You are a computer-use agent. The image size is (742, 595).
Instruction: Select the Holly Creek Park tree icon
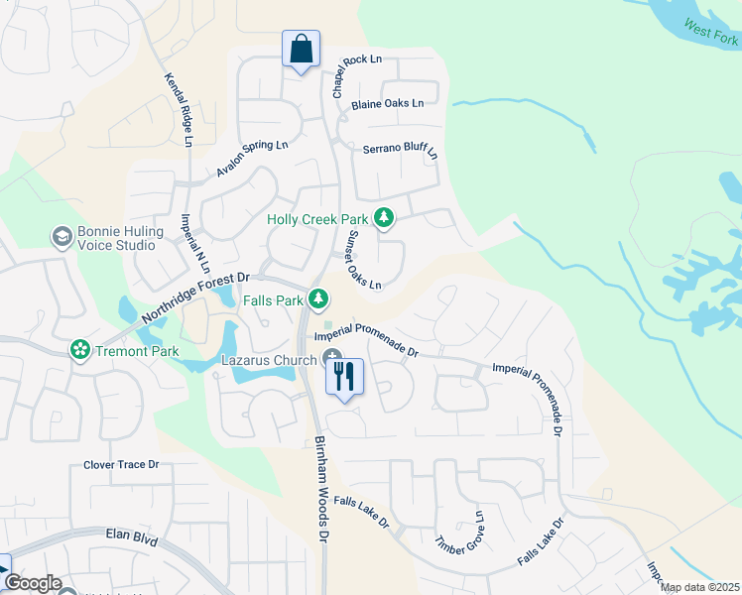[383, 218]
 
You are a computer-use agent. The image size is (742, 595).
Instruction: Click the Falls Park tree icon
[317, 297]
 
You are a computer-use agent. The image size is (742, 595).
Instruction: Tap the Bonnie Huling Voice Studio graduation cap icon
[62, 236]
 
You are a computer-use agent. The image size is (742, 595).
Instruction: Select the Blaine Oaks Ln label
[387, 103]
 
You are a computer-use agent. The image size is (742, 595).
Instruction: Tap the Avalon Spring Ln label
[252, 159]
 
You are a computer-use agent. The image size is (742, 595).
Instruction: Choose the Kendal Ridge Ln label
[178, 109]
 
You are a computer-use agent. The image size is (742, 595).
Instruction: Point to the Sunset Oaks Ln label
[364, 260]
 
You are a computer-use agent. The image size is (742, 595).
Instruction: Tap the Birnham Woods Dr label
[320, 489]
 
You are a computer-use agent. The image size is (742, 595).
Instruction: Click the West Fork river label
[711, 34]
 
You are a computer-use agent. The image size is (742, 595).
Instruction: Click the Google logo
[34, 583]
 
